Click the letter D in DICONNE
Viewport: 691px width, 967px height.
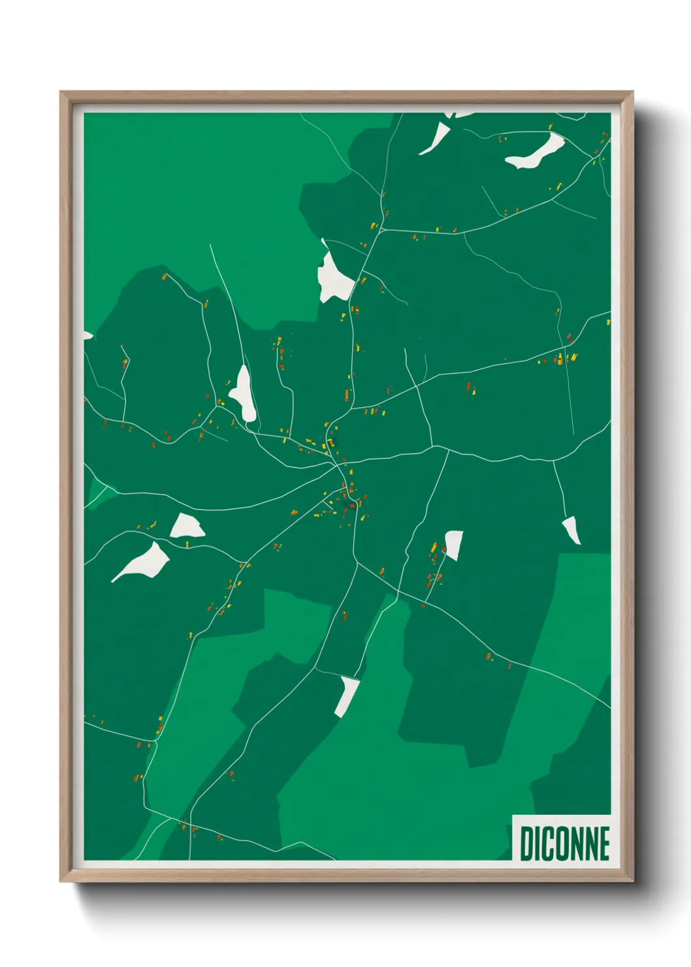click(526, 844)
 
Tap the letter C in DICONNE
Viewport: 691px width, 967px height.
click(548, 844)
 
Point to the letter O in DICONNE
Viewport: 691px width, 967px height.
click(563, 844)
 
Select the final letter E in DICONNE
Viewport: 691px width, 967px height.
click(603, 844)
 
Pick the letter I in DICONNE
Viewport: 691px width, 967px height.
click(538, 844)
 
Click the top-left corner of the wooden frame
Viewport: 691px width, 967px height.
click(61, 93)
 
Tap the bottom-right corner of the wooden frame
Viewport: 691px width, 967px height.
click(633, 881)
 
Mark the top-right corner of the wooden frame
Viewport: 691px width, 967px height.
click(633, 93)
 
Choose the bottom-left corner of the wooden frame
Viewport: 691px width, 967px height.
click(61, 881)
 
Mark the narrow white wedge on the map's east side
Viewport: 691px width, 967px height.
click(571, 529)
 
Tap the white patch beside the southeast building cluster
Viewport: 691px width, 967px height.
click(454, 544)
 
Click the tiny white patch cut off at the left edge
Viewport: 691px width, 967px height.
click(87, 336)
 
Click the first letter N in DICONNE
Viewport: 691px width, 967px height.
click(577, 844)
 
